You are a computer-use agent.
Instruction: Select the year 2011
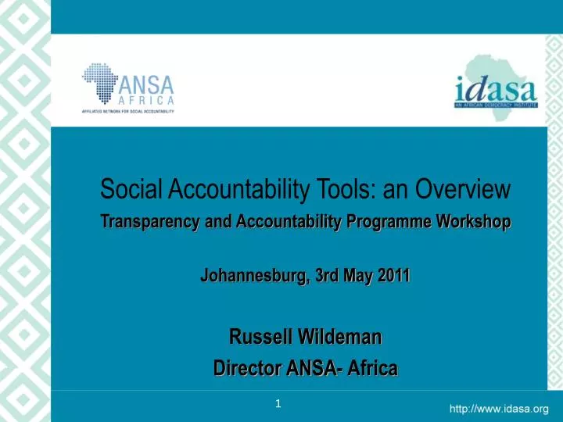tap(395, 276)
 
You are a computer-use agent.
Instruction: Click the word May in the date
tap(360, 276)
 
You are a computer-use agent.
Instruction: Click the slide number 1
tap(278, 404)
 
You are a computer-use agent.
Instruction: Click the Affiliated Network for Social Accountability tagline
tap(127, 112)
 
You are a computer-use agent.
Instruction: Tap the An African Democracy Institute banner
tap(495, 103)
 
